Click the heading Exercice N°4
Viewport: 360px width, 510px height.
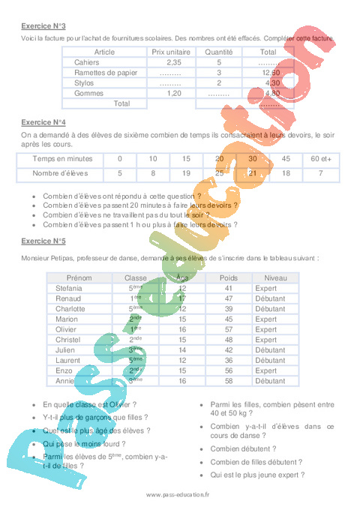click(x=42, y=121)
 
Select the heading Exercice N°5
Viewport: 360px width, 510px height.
click(x=42, y=241)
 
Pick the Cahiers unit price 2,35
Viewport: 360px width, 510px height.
click(x=171, y=62)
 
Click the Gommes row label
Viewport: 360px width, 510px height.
click(x=88, y=94)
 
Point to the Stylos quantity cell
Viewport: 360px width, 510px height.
click(x=219, y=83)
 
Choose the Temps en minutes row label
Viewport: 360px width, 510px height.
click(x=63, y=159)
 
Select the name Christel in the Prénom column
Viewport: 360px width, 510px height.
click(x=70, y=339)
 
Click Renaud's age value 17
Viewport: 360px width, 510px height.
click(x=181, y=298)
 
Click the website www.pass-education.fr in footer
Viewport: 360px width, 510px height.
click(x=178, y=495)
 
